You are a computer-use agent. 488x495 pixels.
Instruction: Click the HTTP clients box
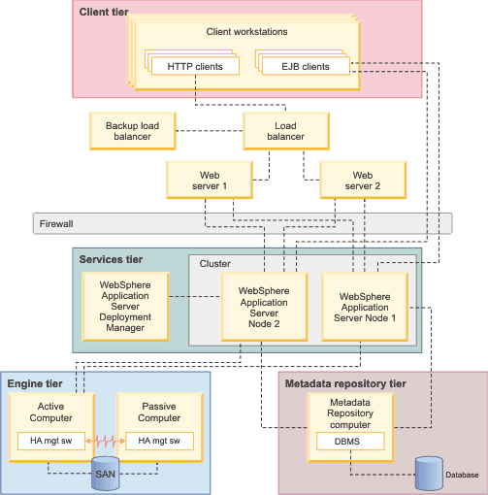[195, 67]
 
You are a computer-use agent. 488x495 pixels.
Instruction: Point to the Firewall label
[56, 223]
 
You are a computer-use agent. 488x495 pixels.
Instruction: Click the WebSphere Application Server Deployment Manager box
[124, 306]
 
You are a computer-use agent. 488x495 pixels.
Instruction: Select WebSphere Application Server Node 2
[263, 304]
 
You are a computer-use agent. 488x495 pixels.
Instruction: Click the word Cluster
[215, 264]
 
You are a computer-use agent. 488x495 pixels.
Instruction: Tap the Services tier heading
[112, 260]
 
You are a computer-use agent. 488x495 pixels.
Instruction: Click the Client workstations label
[246, 31]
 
